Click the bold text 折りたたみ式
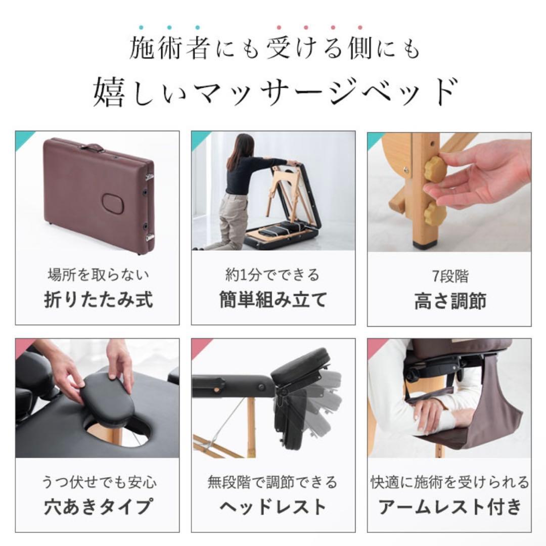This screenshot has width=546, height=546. pos(98,299)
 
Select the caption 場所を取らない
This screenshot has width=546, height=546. pos(98,276)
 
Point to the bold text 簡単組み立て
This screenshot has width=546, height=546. pos(273,299)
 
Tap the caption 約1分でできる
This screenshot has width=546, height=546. pos(273,276)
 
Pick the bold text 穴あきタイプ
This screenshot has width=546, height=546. pos(98,506)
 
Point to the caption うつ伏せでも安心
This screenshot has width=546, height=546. pos(98,482)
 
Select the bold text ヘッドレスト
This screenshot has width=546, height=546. pos(273,506)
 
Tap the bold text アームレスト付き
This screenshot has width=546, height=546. pos(449,506)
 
